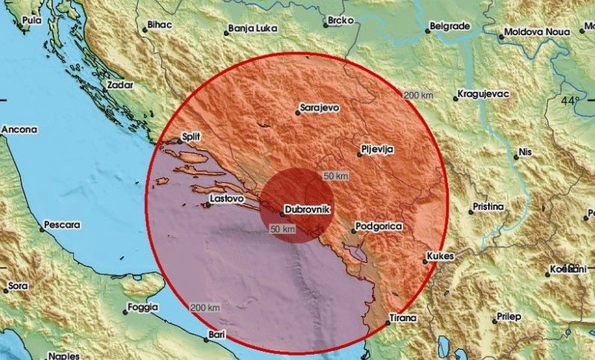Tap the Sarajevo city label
click(x=320, y=108)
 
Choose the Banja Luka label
click(x=253, y=31)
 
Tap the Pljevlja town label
click(x=377, y=149)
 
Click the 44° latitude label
click(x=570, y=100)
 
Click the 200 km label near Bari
click(x=205, y=308)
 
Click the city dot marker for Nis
click(x=514, y=156)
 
